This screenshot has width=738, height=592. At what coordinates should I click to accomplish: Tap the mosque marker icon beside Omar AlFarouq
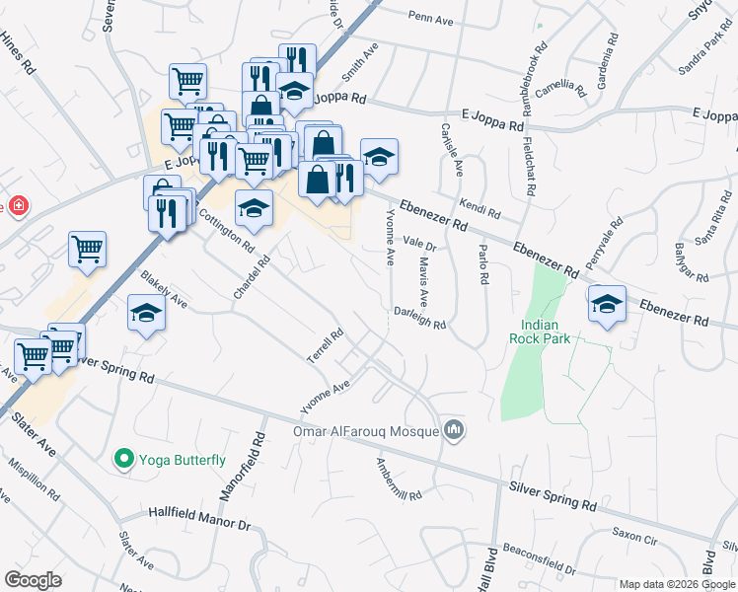454,429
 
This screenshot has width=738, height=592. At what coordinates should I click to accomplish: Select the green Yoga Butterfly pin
123,459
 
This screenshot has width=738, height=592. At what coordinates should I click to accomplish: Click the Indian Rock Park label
534,331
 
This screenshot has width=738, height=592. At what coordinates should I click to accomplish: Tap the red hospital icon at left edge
17,205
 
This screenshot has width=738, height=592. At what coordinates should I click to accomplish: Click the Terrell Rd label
325,347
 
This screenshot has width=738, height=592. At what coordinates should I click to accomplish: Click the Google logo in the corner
33,580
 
